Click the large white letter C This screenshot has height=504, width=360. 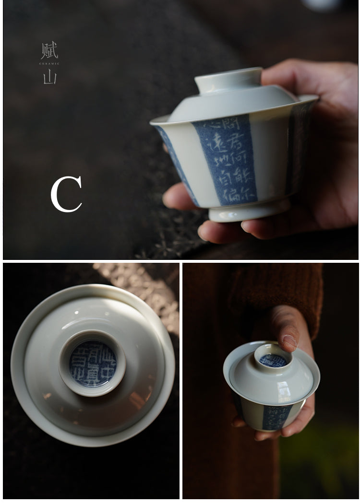point(66,194)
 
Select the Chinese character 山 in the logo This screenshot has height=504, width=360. point(49,77)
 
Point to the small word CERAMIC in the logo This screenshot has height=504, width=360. point(49,63)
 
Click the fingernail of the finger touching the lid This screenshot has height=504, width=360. point(289,341)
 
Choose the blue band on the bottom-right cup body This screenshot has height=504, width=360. point(277,416)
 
